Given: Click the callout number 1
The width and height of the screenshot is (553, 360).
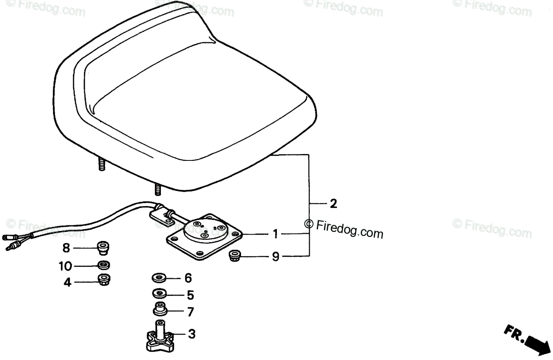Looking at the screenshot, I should tap(275, 235).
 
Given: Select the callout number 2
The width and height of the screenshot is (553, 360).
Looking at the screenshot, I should tap(334, 204).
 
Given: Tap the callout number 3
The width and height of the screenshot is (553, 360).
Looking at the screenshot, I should tap(192, 334).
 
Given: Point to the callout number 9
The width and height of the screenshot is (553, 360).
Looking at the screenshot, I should tap(275, 257).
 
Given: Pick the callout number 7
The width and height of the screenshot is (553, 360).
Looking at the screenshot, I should tap(190, 312).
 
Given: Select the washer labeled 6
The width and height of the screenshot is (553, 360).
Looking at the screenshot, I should tap(159, 278).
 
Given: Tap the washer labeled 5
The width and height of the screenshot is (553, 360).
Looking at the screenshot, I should tap(159, 293).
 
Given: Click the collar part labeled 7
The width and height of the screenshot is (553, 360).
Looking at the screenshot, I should tap(159, 309).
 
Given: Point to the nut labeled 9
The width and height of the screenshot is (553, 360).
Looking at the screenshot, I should tap(236, 254).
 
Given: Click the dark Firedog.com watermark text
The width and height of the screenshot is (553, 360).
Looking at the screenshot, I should tap(344, 228).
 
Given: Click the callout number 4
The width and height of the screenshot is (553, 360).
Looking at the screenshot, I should tap(68, 283).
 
